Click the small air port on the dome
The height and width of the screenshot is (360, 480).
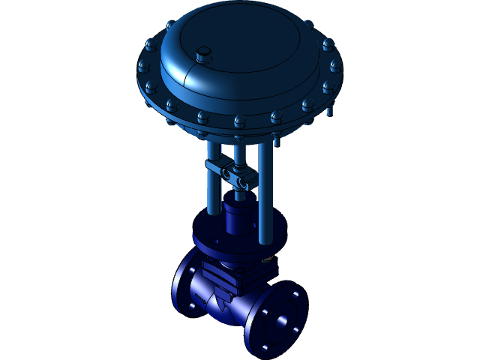tap(202, 54)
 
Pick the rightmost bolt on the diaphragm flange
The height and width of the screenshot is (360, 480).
tap(335, 66)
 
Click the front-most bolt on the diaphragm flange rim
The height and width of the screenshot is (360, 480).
tap(238, 121)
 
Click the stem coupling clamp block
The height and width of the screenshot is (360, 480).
tap(232, 174)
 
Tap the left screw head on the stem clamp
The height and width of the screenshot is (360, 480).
tap(223, 172)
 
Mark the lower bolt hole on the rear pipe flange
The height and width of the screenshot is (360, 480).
tap(194, 306)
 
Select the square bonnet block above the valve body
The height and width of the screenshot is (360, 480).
tap(232, 274)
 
